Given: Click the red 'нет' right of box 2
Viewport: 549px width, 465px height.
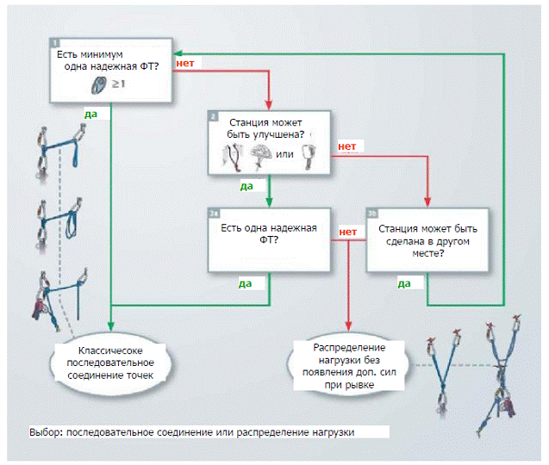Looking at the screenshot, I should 347,147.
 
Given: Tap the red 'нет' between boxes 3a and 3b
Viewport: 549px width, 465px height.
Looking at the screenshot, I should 348,232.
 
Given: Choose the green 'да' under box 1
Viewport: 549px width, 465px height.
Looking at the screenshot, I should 90,112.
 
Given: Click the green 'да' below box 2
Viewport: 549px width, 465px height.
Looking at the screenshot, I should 246,185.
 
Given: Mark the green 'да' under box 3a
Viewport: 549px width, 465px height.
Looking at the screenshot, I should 246,282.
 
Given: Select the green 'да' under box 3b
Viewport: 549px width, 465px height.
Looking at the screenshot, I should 403,282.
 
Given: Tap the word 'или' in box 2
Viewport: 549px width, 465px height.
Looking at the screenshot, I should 284,155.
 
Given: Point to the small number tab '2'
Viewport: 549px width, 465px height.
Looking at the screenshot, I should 213,115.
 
